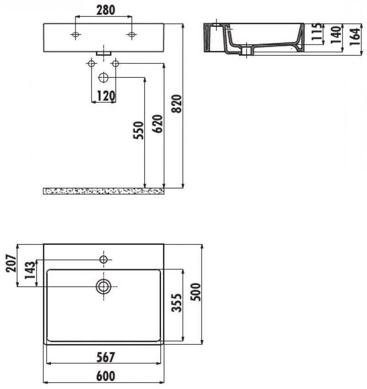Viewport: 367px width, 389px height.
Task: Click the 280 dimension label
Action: point(105,10)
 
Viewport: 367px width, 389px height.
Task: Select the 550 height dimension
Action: point(139,130)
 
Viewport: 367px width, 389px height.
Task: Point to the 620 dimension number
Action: point(158,124)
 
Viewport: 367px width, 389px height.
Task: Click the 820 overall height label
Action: point(177,104)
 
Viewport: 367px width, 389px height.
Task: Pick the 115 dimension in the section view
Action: point(317,32)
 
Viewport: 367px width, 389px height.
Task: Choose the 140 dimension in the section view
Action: point(336,35)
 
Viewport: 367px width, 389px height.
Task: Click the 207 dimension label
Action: point(11,263)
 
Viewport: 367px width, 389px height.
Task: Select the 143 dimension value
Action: point(30,270)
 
